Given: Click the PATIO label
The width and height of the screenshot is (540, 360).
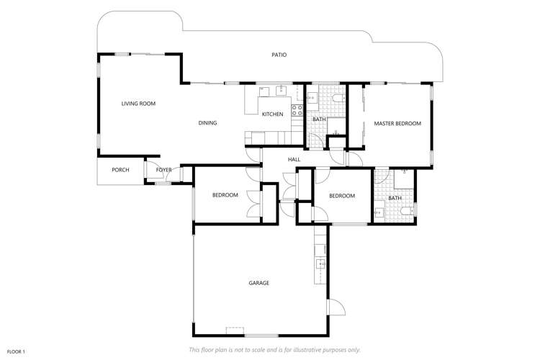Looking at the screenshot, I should pos(279,55).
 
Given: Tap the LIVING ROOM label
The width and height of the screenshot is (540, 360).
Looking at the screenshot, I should pos(138,104).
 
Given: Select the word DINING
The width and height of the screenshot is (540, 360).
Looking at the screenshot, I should pos(207,123).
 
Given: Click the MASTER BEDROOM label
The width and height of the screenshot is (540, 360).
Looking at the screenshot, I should pos(397,124).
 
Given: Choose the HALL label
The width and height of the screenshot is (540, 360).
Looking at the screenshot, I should pos(294,160).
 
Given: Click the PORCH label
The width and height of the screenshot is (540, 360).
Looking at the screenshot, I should pos(120,170).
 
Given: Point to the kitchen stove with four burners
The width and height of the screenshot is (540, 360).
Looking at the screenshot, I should pos(297,111).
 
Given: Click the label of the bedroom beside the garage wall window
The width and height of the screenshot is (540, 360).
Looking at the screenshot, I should pos(225,195).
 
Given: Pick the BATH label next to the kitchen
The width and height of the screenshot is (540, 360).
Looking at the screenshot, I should pos(319,119).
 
